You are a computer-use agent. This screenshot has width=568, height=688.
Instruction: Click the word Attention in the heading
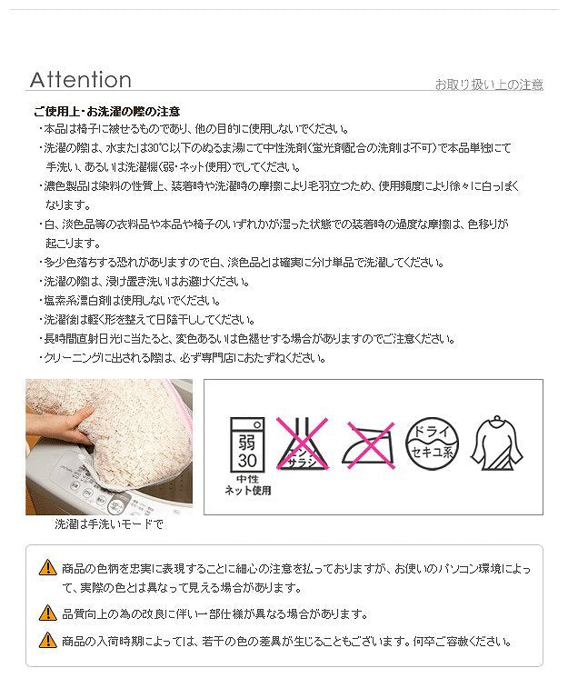pos(80,80)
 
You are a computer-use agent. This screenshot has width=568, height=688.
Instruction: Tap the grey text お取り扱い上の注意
pos(488,85)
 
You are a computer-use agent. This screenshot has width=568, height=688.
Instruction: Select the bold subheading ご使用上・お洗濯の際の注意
pos(106,112)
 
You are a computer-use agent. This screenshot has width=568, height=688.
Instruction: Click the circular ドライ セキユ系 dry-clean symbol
pos(431,444)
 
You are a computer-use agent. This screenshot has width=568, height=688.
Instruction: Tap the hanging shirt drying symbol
pos(497,444)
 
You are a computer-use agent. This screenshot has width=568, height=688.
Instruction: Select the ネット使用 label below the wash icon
pos(247,491)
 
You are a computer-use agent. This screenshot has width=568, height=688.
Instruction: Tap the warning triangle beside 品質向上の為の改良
pos(47,613)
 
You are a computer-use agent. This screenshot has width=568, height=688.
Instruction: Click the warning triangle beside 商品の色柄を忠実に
pos(47,568)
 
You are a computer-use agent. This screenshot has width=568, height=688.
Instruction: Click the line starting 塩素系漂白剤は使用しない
pos(132,300)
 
